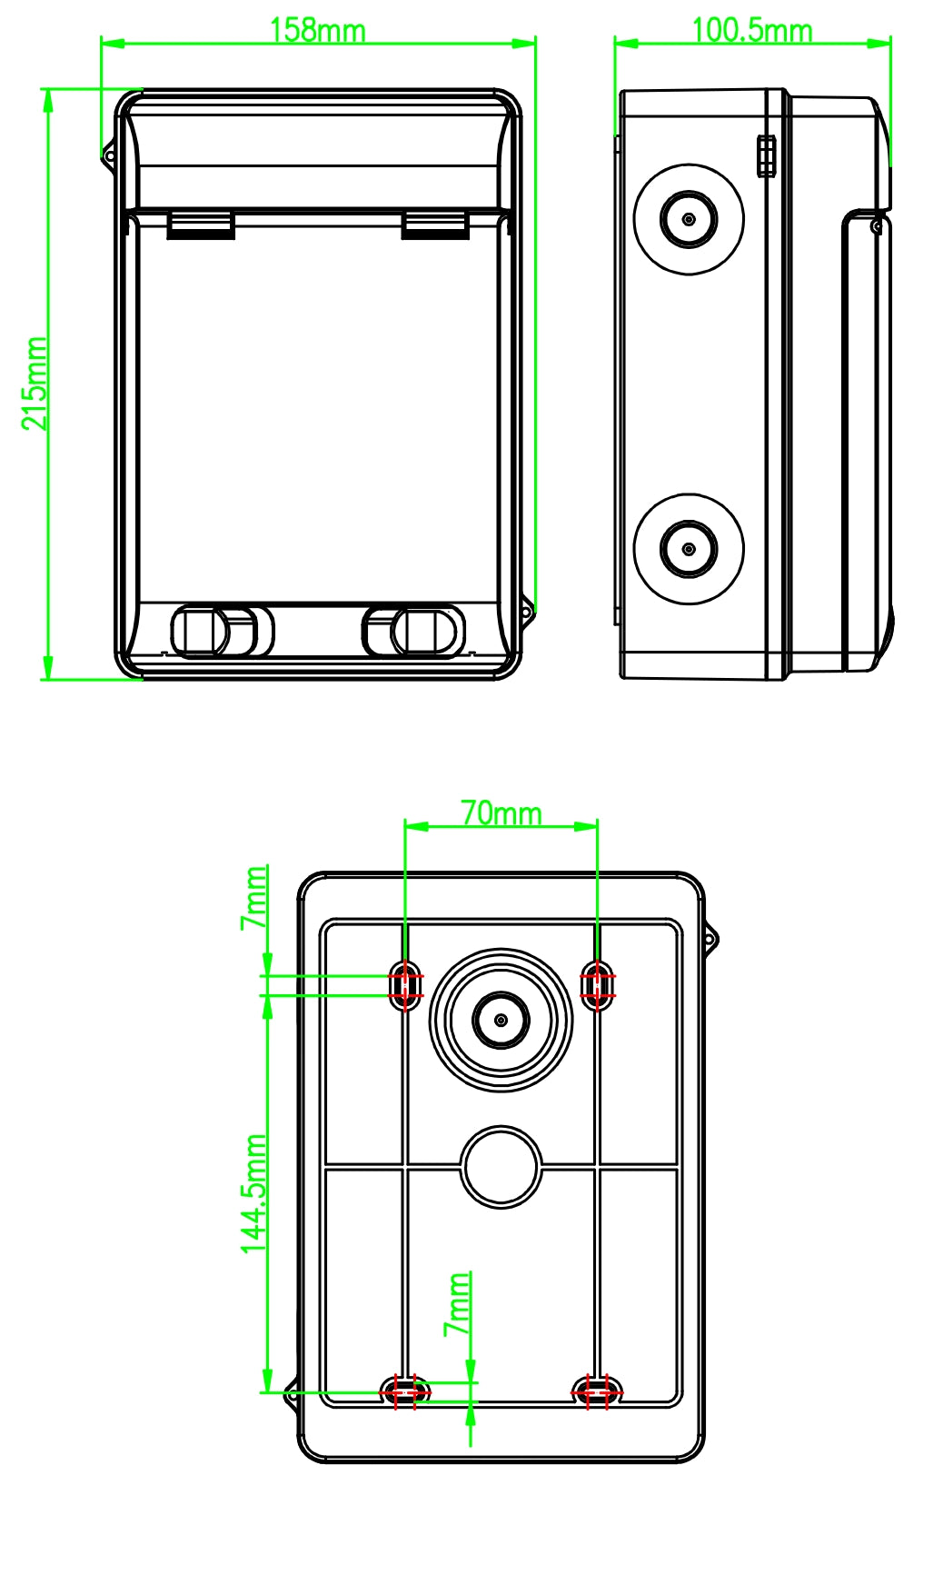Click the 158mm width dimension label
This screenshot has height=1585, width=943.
317,30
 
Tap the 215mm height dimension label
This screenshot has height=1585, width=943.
35,384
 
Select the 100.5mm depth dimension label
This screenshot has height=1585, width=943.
751,30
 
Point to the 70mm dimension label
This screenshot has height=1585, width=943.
501,812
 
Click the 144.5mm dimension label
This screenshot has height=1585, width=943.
253,1193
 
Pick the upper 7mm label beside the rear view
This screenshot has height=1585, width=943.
253,897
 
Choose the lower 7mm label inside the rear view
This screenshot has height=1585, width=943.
457,1303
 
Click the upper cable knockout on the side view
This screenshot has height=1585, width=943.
689,219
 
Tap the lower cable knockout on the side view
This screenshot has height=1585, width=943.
689,549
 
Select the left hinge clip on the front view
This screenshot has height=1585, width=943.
201,224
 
